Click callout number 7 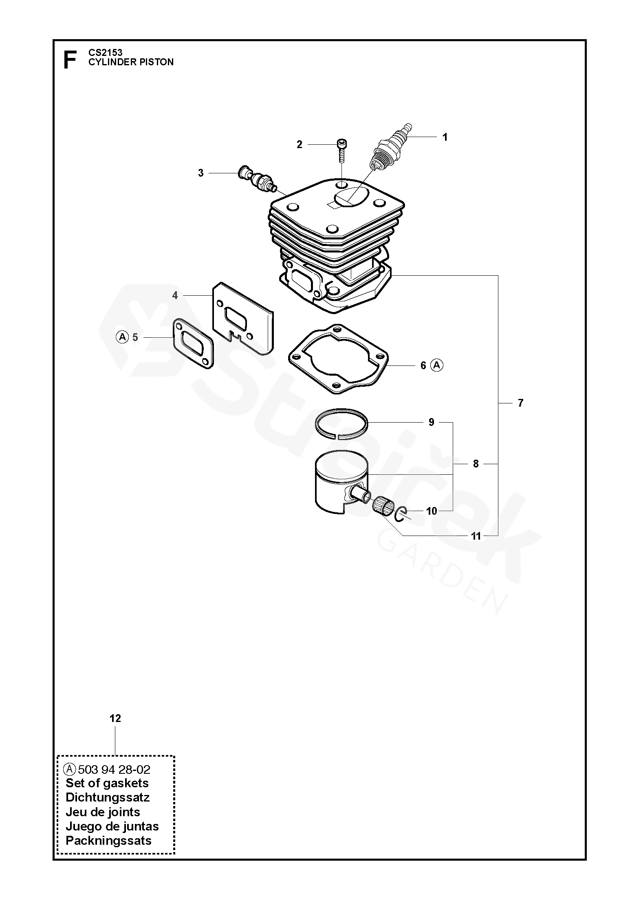pos(520,403)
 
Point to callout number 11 pos(476,536)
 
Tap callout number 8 pos(476,464)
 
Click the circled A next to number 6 pos(437,365)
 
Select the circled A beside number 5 pos(122,337)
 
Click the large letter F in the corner pos(70,60)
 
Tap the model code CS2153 pos(106,53)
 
